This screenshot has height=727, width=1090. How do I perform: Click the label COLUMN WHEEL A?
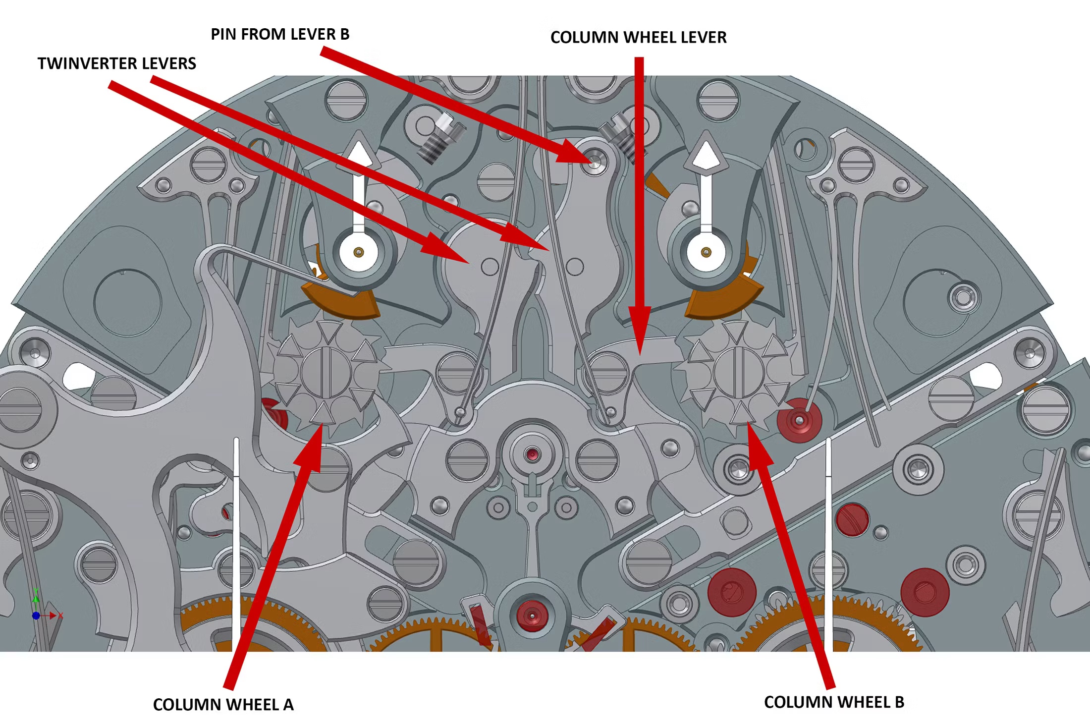click(223, 704)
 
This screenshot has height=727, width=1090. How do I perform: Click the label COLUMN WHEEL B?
click(834, 702)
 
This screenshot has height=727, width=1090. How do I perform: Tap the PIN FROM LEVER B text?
click(280, 34)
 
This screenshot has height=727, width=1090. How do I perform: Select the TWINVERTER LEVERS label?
click(117, 63)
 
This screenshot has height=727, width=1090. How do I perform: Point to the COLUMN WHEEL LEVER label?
click(638, 37)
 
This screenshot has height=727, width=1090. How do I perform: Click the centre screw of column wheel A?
click(326, 372)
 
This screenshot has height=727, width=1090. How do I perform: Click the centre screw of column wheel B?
click(739, 372)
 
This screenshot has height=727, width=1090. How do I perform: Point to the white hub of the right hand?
click(706, 252)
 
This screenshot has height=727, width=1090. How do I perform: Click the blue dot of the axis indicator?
click(36, 615)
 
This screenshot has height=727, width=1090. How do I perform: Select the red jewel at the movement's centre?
click(533, 454)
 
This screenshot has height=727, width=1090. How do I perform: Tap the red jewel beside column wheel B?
click(799, 420)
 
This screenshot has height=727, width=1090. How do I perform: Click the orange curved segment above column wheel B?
click(723, 300)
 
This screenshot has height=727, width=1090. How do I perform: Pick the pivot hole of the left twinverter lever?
click(490, 267)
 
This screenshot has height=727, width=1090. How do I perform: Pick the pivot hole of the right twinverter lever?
click(575, 267)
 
